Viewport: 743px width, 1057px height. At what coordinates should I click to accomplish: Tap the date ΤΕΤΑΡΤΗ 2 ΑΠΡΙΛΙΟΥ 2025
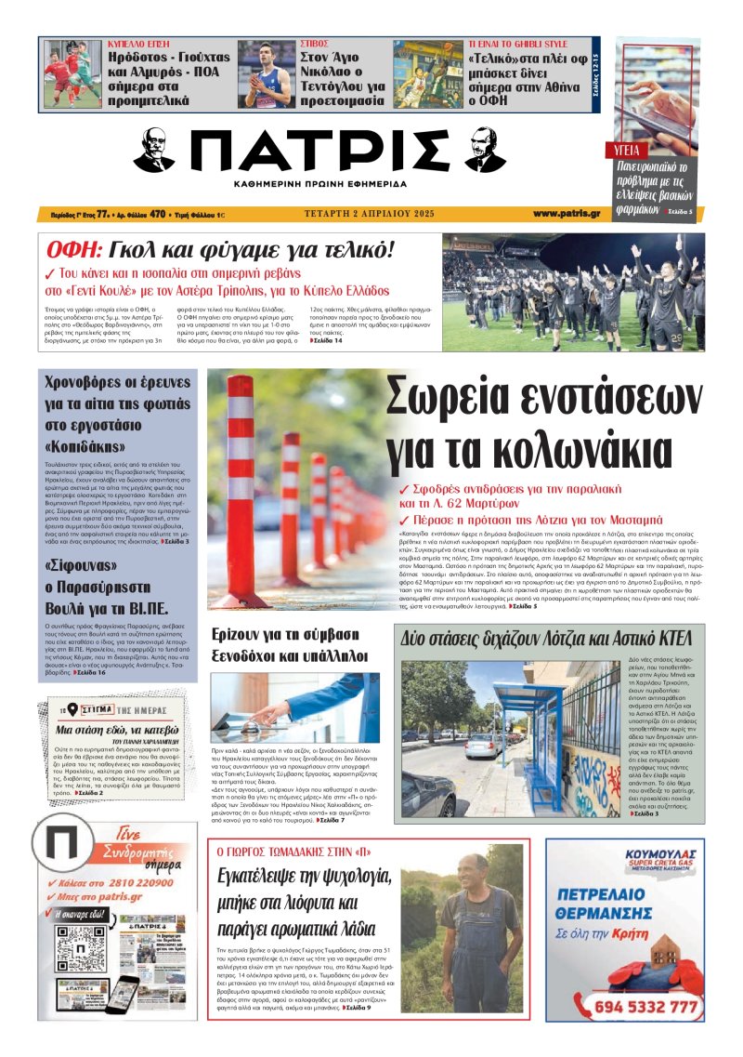point(363,214)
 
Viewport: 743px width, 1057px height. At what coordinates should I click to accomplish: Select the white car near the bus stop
point(484,744)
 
